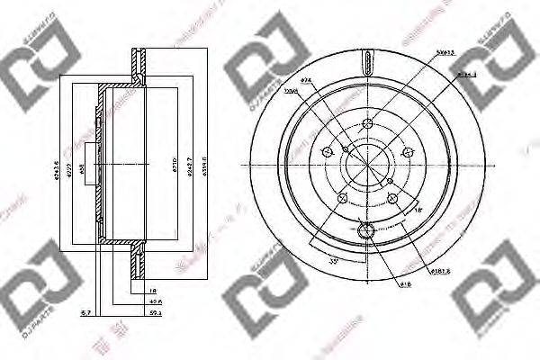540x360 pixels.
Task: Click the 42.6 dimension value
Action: (x=156, y=302)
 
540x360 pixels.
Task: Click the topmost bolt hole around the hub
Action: (x=367, y=122)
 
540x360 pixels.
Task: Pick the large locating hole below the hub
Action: (x=366, y=234)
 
